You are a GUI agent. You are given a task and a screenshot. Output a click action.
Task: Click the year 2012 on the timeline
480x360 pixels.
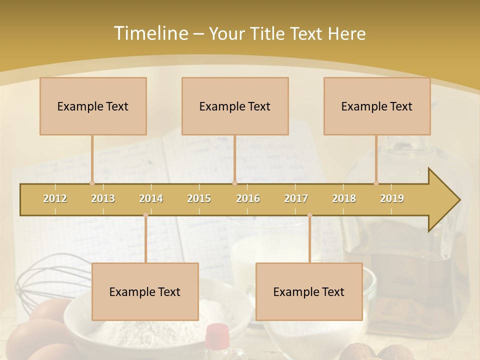(55, 198)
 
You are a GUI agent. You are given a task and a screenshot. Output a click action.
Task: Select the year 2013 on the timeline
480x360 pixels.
(103, 198)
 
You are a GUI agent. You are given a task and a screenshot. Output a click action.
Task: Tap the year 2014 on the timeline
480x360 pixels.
(151, 198)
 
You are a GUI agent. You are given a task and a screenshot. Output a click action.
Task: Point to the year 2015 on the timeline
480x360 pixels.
(199, 198)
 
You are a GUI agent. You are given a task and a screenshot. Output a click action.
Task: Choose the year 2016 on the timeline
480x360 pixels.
(248, 198)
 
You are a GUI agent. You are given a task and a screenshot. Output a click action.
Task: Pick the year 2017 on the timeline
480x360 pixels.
(296, 198)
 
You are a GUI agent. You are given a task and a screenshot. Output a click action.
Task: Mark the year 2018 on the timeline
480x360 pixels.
(344, 198)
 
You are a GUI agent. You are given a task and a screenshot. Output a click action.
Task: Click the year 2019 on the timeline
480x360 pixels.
(392, 198)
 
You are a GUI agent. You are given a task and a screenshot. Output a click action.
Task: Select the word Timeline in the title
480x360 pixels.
(150, 33)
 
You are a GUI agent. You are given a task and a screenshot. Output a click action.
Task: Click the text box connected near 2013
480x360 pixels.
(93, 106)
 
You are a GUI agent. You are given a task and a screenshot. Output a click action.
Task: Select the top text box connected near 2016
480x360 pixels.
(235, 106)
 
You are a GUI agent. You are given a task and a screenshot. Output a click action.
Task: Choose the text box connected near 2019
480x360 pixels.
(377, 106)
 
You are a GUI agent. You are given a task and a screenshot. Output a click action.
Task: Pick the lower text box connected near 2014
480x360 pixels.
(145, 291)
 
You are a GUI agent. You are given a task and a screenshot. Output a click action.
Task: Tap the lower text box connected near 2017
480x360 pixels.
(309, 291)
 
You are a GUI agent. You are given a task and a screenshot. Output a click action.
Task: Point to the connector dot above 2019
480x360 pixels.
(376, 183)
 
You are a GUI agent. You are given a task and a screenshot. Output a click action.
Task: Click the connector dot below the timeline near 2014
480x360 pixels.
(145, 215)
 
